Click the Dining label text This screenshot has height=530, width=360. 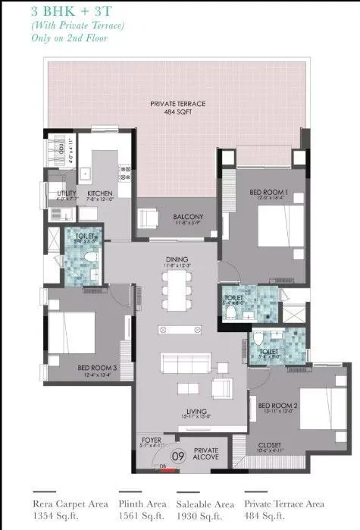point(177,260)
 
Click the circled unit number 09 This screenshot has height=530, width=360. point(180,456)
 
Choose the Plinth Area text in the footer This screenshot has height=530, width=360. point(141,502)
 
